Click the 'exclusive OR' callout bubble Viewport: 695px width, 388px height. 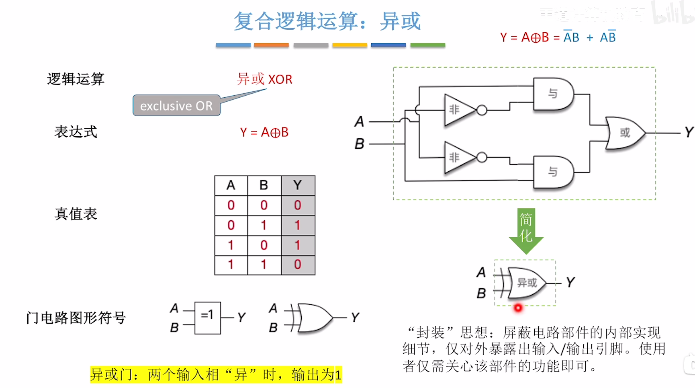[x=176, y=106]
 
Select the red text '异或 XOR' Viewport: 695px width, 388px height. [x=264, y=79]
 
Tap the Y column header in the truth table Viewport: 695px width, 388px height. [x=298, y=185]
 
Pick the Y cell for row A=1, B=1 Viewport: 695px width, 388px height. [x=298, y=265]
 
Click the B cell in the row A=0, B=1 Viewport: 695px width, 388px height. [x=264, y=225]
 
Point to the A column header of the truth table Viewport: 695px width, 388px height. [x=231, y=185]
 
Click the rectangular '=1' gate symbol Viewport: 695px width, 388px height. [x=207, y=318]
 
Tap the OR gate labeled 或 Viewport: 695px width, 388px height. [x=624, y=133]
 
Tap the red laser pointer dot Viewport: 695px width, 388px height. [x=518, y=308]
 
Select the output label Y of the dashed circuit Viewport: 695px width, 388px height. [x=689, y=132]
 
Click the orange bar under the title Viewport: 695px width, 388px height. [x=271, y=45]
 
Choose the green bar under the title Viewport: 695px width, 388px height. [x=427, y=45]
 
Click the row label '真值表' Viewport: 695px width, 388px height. [x=76, y=214]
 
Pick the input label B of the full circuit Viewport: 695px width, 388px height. [x=359, y=144]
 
